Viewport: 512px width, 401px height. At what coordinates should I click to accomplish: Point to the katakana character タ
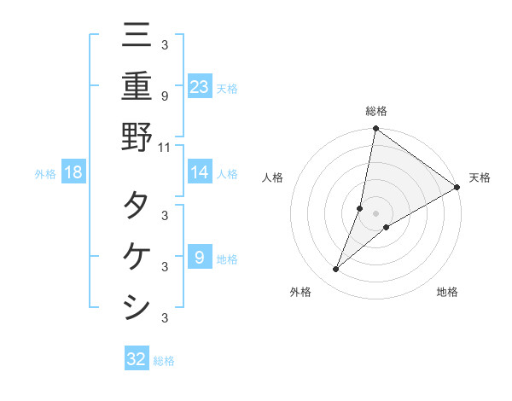[137, 206]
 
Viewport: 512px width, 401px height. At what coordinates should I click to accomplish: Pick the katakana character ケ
[137, 256]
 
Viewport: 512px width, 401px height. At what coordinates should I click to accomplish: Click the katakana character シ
[137, 306]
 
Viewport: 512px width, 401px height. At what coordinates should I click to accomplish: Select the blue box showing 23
[200, 86]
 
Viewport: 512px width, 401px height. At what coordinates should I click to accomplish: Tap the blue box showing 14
[200, 172]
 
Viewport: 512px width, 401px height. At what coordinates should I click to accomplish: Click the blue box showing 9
[200, 257]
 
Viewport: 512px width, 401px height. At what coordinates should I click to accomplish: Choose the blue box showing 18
[73, 172]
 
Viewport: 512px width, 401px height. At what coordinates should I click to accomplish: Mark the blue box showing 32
[137, 359]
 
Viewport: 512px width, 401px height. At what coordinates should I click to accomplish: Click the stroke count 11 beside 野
[165, 147]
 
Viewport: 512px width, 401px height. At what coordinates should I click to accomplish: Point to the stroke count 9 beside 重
[165, 96]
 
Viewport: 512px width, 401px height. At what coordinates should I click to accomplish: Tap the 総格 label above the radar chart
[376, 111]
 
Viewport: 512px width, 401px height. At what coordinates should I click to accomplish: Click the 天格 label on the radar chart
[480, 177]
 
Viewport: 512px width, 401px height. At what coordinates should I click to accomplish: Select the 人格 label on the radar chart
[273, 177]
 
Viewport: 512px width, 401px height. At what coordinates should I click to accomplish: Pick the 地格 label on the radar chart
[447, 292]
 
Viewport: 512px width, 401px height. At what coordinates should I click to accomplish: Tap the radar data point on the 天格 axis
[457, 188]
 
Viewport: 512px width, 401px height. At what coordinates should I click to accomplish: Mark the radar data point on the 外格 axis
[336, 270]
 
